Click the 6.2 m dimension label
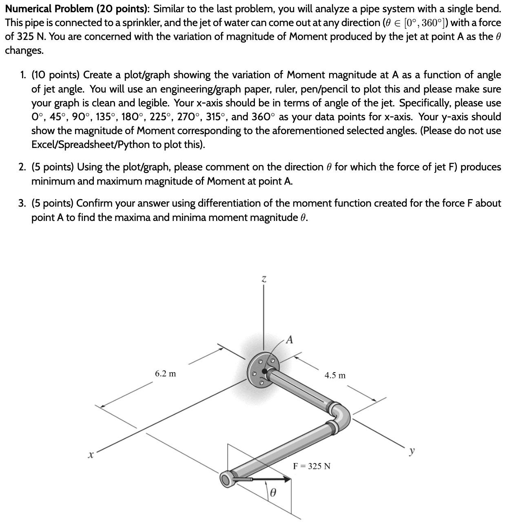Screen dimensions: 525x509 coord(166,374)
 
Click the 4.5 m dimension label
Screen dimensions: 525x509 coord(335,375)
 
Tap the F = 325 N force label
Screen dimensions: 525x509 coord(312,466)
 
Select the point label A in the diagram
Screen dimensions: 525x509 coord(289,339)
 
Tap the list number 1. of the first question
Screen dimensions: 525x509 coord(23,75)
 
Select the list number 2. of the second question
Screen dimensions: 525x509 coord(23,167)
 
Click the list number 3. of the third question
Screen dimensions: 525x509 coord(23,203)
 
